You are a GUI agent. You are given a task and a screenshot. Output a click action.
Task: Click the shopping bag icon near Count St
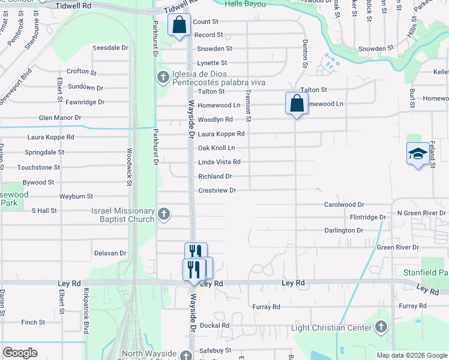179,26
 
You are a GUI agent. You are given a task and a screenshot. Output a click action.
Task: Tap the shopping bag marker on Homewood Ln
297,103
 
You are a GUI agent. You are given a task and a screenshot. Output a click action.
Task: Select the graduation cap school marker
418,154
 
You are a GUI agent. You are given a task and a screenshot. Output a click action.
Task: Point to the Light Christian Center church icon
380,328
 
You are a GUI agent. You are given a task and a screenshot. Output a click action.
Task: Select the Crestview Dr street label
217,190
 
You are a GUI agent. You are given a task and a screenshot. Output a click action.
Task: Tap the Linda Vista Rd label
219,162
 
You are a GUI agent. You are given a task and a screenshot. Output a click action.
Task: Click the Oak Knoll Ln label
216,148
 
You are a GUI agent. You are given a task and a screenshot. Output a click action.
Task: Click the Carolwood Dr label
344,205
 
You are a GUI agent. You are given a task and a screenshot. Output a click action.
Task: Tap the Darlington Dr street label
343,230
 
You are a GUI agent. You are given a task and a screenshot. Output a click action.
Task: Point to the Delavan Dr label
110,253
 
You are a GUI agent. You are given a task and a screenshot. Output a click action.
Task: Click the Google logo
20,353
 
